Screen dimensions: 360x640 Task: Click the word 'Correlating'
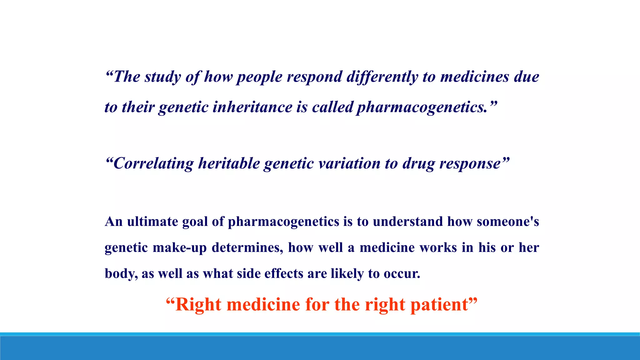click(153, 163)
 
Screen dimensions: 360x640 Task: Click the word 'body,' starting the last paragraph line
click(121, 273)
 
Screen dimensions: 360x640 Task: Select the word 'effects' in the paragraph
click(284, 273)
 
